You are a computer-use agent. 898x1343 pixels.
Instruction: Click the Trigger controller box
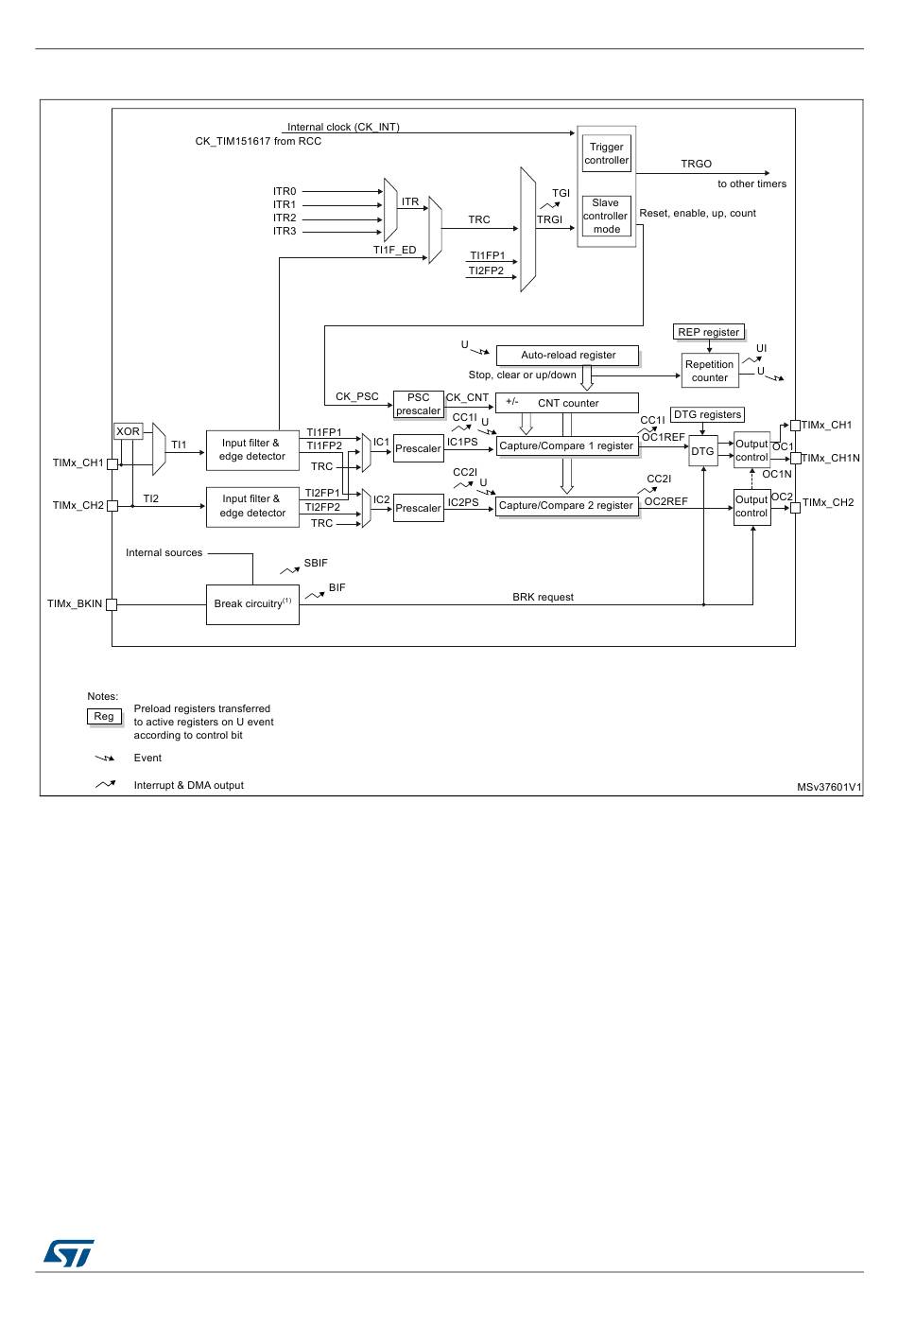tap(606, 153)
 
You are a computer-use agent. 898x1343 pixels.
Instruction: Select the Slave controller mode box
tap(606, 216)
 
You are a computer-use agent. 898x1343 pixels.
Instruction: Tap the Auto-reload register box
tap(567, 356)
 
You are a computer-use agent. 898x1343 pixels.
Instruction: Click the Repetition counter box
tap(709, 371)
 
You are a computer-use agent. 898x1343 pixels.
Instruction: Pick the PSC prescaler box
tap(418, 404)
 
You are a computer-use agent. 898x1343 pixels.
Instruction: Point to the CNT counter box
tap(567, 403)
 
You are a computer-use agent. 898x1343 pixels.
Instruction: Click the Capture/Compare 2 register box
tap(566, 506)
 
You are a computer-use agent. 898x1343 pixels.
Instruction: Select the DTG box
tap(702, 452)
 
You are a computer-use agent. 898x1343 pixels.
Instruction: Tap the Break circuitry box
tap(252, 604)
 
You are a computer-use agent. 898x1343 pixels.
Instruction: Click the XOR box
tap(128, 431)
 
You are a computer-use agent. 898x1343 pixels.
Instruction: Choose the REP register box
tap(709, 332)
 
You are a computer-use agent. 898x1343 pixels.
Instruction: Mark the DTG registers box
tap(707, 414)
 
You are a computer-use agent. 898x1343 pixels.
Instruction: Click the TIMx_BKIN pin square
tap(112, 604)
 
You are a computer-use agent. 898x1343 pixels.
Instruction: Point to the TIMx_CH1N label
tap(831, 459)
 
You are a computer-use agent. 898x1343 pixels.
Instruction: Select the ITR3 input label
tap(285, 232)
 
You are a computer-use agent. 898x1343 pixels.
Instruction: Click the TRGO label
tap(696, 164)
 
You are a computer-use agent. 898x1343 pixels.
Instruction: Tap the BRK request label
tap(543, 598)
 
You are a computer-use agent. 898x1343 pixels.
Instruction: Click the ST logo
tap(68, 1253)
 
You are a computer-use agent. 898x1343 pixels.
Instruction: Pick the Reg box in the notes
tap(104, 717)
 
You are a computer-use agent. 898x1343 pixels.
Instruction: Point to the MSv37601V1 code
tap(829, 787)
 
